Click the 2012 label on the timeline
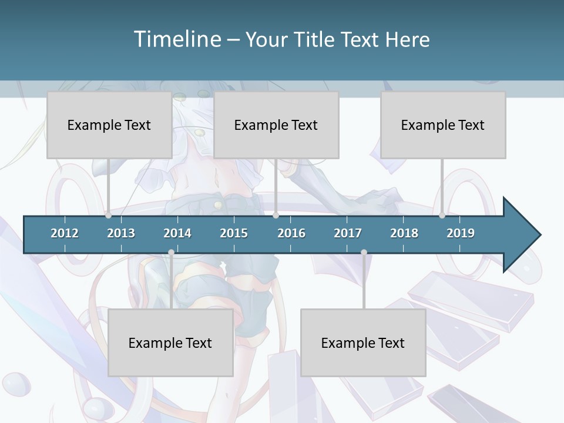65,233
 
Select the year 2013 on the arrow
121,233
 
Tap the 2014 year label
177,233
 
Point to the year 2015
234,233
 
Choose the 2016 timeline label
291,233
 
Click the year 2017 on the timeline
348,233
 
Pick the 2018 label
404,233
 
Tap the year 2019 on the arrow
461,233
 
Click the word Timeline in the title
177,39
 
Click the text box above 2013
109,125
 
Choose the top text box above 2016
276,125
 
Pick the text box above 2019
443,125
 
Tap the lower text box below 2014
170,343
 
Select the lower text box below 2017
363,343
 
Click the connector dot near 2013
108,216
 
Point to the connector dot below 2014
171,253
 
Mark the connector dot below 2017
364,253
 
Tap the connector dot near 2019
442,216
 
